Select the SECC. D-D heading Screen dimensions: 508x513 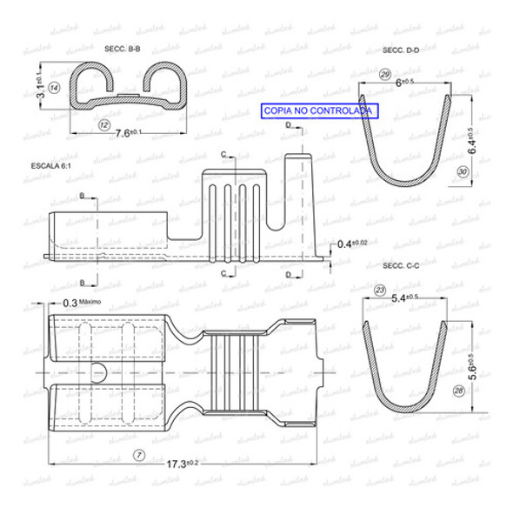(400, 51)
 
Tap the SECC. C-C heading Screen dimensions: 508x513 (400, 264)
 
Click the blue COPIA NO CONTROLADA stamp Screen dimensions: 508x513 (317, 111)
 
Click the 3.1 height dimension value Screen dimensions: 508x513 (40, 90)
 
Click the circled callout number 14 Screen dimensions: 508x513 (54, 89)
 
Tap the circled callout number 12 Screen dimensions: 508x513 (103, 126)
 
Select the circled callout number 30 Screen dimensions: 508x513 (462, 172)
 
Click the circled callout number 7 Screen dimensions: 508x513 (137, 456)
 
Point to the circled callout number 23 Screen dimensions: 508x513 (379, 289)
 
